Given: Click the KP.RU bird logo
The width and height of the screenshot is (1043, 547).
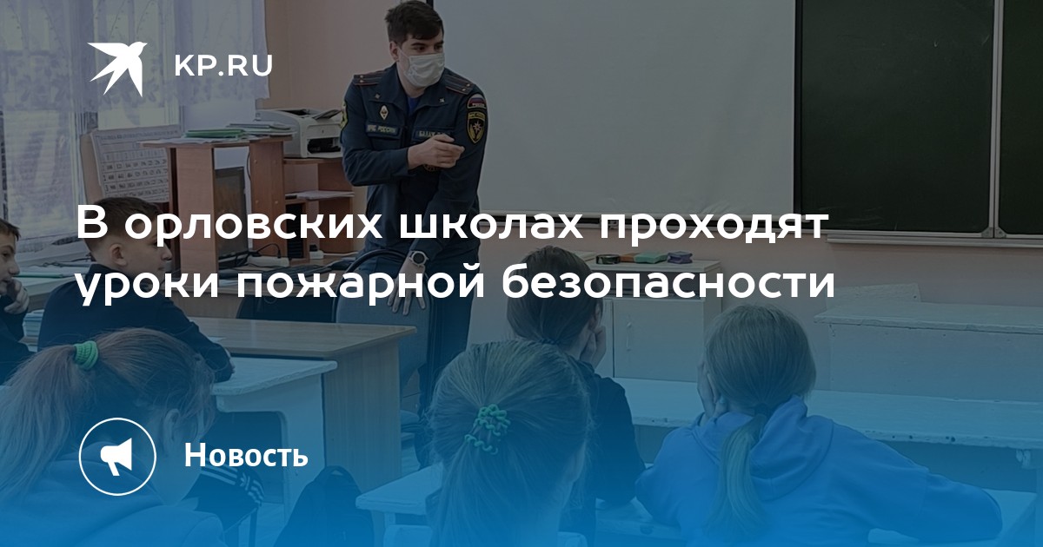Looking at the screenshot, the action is (x=116, y=67).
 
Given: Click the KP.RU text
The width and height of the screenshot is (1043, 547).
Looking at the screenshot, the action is (x=223, y=67).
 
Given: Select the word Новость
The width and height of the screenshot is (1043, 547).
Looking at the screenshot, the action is (x=246, y=454).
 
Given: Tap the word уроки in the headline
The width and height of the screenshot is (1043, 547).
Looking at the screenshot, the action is (x=148, y=284).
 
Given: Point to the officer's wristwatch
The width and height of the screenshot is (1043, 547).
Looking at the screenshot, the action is (x=417, y=258).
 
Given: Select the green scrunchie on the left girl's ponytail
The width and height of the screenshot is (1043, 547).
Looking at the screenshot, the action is (x=87, y=354).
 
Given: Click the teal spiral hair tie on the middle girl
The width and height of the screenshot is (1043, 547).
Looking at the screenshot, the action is (x=488, y=428).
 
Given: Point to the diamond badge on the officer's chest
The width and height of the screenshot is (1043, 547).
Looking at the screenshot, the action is (x=383, y=112).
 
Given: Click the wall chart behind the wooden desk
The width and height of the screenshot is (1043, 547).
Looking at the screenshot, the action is (x=135, y=165).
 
